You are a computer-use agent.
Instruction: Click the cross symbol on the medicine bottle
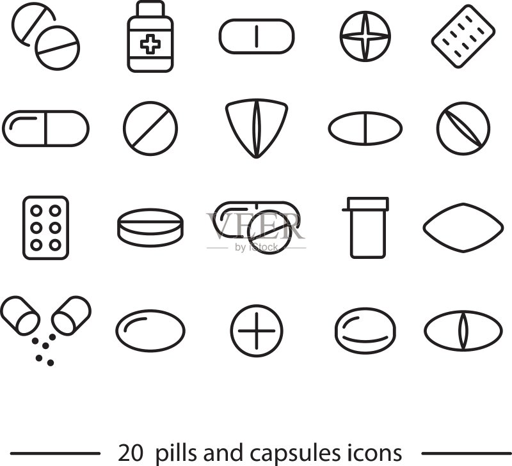(150, 44)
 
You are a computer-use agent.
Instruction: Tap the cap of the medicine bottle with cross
(150, 9)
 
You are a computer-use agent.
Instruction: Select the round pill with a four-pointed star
(365, 36)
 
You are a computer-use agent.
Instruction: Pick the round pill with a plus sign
(257, 330)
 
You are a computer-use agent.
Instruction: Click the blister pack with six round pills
(45, 228)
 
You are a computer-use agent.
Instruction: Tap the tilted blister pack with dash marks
(463, 36)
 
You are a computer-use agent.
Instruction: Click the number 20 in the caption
(131, 453)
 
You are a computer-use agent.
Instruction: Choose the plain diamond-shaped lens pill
(463, 228)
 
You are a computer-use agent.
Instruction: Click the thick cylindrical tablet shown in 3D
(150, 228)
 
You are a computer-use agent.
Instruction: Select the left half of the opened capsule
(20, 316)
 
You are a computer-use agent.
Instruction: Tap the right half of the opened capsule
(71, 316)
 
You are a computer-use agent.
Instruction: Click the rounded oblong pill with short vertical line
(257, 36)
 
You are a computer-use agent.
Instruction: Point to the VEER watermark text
(255, 226)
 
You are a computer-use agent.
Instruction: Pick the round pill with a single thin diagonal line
(150, 128)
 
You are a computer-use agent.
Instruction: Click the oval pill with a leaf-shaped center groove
(463, 330)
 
